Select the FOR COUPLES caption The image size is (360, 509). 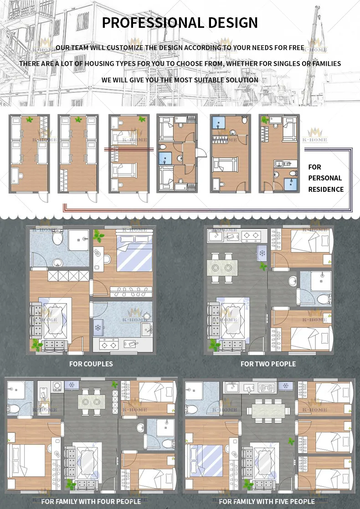pyautogui.click(x=91, y=364)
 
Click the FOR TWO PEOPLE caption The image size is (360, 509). pyautogui.click(x=268, y=364)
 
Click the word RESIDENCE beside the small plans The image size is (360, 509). pyautogui.click(x=326, y=189)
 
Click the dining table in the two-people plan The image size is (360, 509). pyautogui.click(x=222, y=266)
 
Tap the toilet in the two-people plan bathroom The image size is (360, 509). pyautogui.click(x=324, y=298)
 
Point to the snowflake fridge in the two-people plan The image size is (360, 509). pyautogui.click(x=262, y=252)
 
